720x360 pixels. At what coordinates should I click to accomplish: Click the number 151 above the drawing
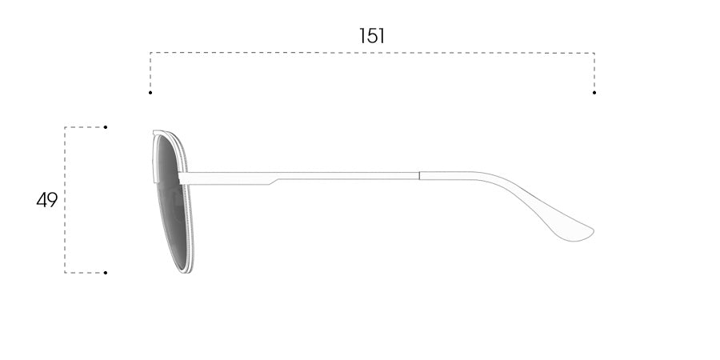[x=371, y=36]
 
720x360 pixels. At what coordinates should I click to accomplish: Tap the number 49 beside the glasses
[x=47, y=200]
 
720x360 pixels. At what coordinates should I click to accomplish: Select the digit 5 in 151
[x=371, y=36]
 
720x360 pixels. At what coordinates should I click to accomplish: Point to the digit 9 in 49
[x=52, y=200]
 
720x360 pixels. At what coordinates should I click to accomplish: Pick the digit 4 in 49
[x=42, y=200]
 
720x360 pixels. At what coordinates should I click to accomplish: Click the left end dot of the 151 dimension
[x=150, y=93]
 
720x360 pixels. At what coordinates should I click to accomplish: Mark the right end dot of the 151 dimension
[x=594, y=93]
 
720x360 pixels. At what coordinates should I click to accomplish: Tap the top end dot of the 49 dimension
[x=105, y=127]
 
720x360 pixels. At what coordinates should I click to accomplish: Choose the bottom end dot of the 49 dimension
[x=105, y=273]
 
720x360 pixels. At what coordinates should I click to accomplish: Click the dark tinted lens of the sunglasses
[x=171, y=202]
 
